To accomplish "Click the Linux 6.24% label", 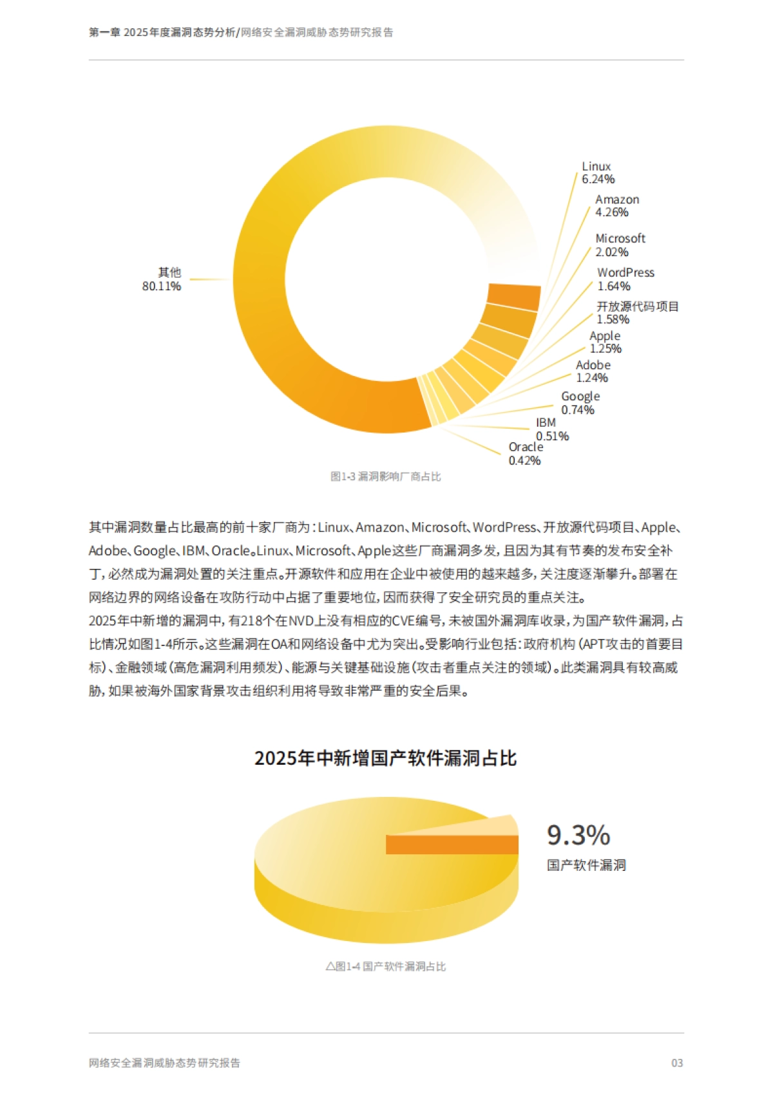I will tap(598, 173).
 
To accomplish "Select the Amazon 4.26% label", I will tap(616, 206).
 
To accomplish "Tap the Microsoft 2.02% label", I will tap(620, 245).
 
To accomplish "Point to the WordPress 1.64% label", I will tap(625, 279).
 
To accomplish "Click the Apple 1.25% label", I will tap(605, 342).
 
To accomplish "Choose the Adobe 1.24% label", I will tap(593, 371).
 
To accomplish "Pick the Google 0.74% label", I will tap(580, 403).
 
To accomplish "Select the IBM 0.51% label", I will tap(551, 429).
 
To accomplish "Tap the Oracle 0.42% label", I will tap(525, 454).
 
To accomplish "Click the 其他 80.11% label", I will tap(162, 279).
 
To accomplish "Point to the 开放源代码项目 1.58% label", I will tap(637, 313).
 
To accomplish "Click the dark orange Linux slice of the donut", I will tap(514, 297).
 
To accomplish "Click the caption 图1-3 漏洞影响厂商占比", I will tap(385, 477).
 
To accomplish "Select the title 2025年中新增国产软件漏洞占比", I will tap(385, 758).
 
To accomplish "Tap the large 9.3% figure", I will tap(578, 836).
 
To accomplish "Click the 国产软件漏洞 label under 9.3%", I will tap(586, 866).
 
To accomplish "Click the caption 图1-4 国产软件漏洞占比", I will tap(385, 967).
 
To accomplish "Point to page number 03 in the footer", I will tap(676, 1063).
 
